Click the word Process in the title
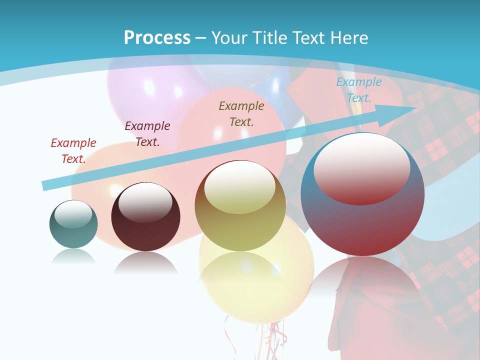[x=157, y=38]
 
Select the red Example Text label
[x=73, y=151]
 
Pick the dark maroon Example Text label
[x=147, y=134]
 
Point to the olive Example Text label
[x=241, y=113]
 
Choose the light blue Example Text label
[x=358, y=90]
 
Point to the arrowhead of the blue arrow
[x=405, y=111]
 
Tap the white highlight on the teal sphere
[x=73, y=213]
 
